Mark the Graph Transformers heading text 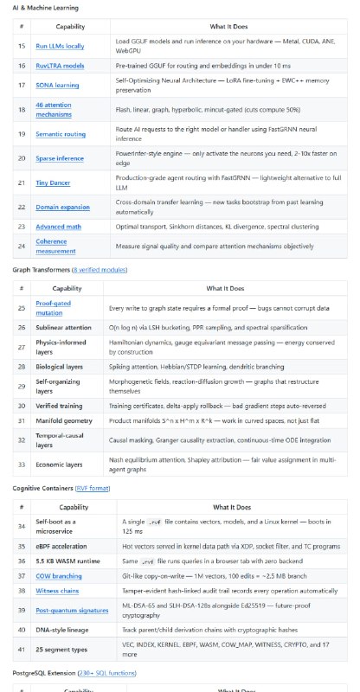39,295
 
